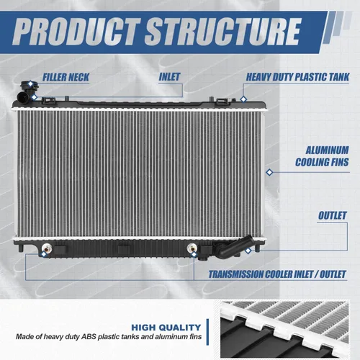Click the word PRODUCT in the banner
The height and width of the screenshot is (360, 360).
pyautogui.click(x=76, y=32)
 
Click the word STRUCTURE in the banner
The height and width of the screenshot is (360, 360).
pyautogui.click(x=222, y=32)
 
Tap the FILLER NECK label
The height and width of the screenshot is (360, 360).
pyautogui.click(x=66, y=77)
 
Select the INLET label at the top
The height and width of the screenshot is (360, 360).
pyautogui.click(x=169, y=77)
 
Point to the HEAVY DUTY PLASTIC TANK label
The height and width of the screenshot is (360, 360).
pyautogui.click(x=297, y=77)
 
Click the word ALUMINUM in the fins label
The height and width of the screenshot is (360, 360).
pyautogui.click(x=327, y=150)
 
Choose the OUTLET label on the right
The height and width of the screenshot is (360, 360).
pyautogui.click(x=333, y=215)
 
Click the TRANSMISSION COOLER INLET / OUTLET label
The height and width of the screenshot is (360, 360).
pyautogui.click(x=277, y=274)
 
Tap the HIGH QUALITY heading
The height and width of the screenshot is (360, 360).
pyautogui.click(x=166, y=328)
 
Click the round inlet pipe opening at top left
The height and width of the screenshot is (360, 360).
pyautogui.click(x=22, y=96)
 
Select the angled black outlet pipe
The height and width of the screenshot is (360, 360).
pyautogui.click(x=234, y=247)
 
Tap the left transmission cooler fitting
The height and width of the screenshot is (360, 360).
pyautogui.click(x=47, y=248)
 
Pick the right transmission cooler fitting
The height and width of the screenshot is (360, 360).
pyautogui.click(x=192, y=248)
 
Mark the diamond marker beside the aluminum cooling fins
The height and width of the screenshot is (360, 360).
pyautogui.click(x=269, y=172)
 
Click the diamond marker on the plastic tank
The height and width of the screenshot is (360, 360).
pyautogui.click(x=243, y=99)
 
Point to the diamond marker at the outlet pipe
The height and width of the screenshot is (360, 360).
pyautogui.click(x=248, y=251)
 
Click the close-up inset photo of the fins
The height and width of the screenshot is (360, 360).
pyautogui.click(x=284, y=329)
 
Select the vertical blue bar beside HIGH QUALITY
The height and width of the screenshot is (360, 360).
pyautogui.click(x=207, y=332)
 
